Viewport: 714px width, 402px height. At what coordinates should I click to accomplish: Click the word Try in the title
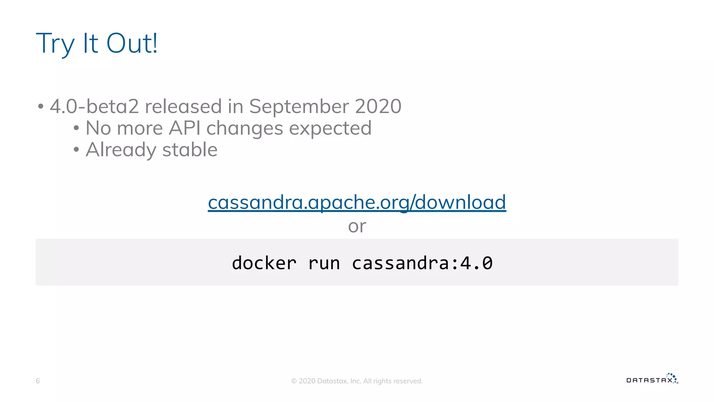55,44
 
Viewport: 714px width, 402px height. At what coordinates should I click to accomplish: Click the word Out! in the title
132,43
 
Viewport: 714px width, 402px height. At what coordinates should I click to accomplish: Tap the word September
298,106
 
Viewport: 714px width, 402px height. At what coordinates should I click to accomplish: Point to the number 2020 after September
378,106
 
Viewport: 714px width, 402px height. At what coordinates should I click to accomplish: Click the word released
183,106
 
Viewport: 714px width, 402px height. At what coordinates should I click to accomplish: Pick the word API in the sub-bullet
184,128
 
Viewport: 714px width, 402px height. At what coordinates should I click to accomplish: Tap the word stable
190,150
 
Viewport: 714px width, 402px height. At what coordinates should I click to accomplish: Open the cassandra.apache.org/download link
357,202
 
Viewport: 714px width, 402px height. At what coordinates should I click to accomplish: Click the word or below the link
357,226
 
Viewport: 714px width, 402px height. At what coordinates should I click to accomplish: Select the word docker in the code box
264,263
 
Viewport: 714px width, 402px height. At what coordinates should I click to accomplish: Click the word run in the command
324,263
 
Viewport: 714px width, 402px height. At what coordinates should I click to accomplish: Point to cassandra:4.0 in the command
422,263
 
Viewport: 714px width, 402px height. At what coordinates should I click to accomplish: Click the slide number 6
38,381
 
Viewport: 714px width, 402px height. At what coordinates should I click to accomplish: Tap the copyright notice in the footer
357,381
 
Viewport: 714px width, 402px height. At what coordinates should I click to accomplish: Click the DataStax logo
652,379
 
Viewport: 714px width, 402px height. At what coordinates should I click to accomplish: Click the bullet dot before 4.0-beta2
41,106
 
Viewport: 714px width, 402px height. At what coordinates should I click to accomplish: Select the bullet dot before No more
76,128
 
